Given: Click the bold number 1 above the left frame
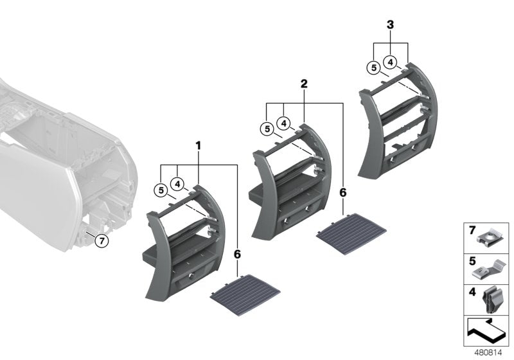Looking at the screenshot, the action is click(x=198, y=145).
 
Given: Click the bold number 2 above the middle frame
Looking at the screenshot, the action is click(x=304, y=84).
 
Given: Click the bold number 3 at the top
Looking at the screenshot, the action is click(x=390, y=24).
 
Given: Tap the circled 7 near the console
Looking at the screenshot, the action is click(x=102, y=241).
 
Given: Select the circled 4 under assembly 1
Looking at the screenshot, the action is click(x=178, y=184).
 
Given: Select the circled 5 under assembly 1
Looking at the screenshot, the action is click(x=161, y=190).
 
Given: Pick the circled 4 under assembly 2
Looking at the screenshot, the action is click(x=283, y=123).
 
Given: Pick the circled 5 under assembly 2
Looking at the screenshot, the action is click(x=267, y=129).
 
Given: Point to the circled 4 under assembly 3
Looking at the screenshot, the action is click(x=391, y=62).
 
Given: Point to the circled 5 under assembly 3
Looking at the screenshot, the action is click(x=373, y=68).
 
